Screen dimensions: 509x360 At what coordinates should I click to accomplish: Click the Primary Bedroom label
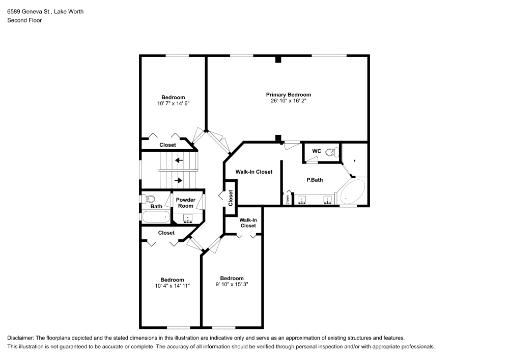point(288,95)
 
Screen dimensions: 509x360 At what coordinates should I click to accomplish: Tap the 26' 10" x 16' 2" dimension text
point(289,101)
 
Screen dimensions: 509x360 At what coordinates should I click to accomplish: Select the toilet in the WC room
point(332,152)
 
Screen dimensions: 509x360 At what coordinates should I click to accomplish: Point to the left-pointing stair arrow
point(179,160)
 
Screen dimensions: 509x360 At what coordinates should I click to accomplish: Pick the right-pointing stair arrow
point(179,180)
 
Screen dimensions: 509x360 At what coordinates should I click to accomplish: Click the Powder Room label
point(186,203)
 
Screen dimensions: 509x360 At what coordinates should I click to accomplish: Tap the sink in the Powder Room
point(188,218)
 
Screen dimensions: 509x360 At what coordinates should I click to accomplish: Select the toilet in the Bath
point(149,199)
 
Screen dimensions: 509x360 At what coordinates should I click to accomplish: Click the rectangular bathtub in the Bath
point(156,217)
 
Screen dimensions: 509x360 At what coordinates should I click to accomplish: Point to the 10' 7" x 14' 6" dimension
point(174,103)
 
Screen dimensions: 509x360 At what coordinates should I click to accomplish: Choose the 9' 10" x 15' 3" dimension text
point(232,284)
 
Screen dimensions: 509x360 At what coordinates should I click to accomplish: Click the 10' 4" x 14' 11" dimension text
point(172,286)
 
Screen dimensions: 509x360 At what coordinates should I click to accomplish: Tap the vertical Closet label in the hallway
point(231,198)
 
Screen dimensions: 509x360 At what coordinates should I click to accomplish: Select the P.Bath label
point(315,180)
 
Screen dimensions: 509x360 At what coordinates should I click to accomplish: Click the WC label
point(317,151)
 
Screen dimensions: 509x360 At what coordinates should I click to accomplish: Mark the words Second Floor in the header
point(24,20)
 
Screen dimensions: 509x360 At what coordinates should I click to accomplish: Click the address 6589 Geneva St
point(28,12)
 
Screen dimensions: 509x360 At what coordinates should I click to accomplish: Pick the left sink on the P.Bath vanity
point(302,200)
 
